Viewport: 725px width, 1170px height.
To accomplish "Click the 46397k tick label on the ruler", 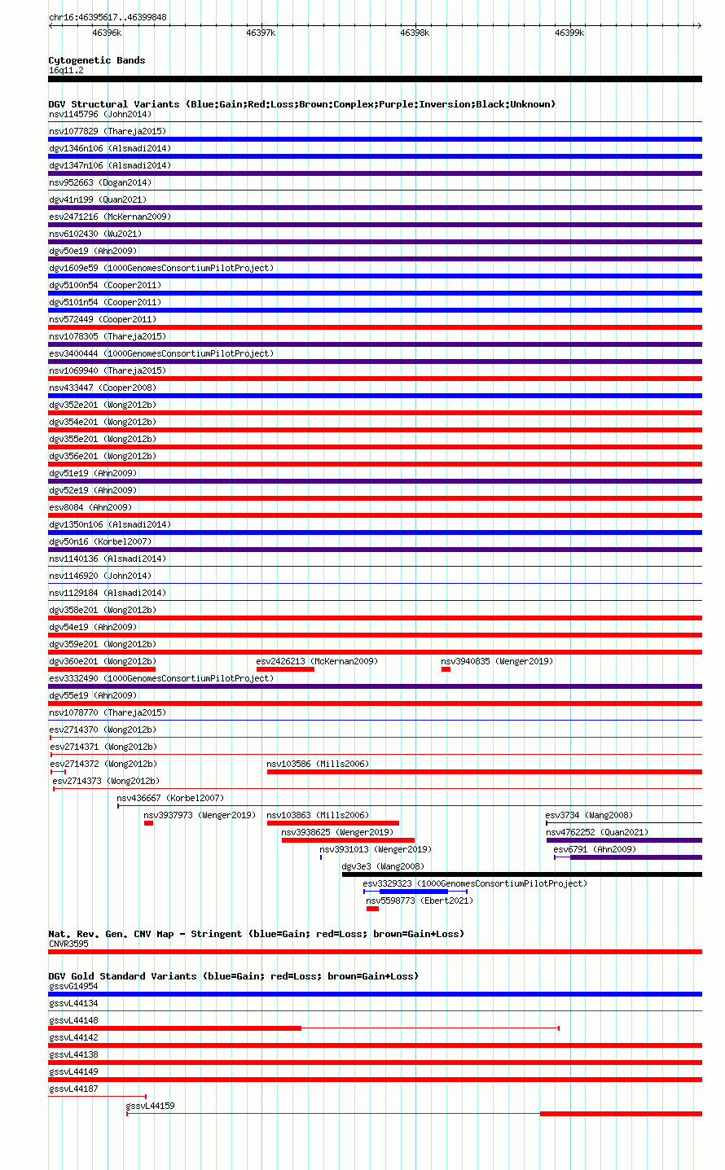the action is pyautogui.click(x=261, y=33).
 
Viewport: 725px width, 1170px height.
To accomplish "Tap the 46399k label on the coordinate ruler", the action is pyautogui.click(x=569, y=33).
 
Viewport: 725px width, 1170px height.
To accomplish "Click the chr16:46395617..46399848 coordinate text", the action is pyautogui.click(x=108, y=17).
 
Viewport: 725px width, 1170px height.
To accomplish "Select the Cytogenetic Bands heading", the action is pyautogui.click(x=97, y=60).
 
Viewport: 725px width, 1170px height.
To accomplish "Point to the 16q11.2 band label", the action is pyautogui.click(x=66, y=71).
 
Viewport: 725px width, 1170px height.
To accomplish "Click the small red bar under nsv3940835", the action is pyautogui.click(x=446, y=669).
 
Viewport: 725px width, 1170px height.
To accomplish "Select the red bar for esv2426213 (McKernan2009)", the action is pyautogui.click(x=285, y=669).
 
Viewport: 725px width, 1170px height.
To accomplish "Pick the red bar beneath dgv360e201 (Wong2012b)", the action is pyautogui.click(x=102, y=669).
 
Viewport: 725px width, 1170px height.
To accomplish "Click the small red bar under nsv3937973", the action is pyautogui.click(x=149, y=823).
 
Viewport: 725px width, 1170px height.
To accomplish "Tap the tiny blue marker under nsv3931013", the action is pyautogui.click(x=321, y=857).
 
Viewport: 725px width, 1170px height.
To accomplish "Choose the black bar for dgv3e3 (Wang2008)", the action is pyautogui.click(x=522, y=874).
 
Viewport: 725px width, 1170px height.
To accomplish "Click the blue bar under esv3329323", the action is pyautogui.click(x=415, y=892).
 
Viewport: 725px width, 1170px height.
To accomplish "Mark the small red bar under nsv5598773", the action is pyautogui.click(x=373, y=909).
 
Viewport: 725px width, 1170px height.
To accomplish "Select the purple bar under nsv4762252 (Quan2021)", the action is pyautogui.click(x=625, y=840).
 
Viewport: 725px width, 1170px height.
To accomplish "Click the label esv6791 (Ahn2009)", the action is pyautogui.click(x=595, y=849).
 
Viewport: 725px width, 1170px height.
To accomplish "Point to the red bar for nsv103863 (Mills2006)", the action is pyautogui.click(x=333, y=823).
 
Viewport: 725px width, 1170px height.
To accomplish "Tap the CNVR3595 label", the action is pyautogui.click(x=68, y=944).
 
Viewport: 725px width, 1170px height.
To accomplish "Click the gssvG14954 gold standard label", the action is pyautogui.click(x=73, y=986).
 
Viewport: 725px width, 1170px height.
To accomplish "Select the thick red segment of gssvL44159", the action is pyautogui.click(x=621, y=1114).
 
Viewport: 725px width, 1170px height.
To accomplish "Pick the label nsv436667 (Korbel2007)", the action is pyautogui.click(x=170, y=798).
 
